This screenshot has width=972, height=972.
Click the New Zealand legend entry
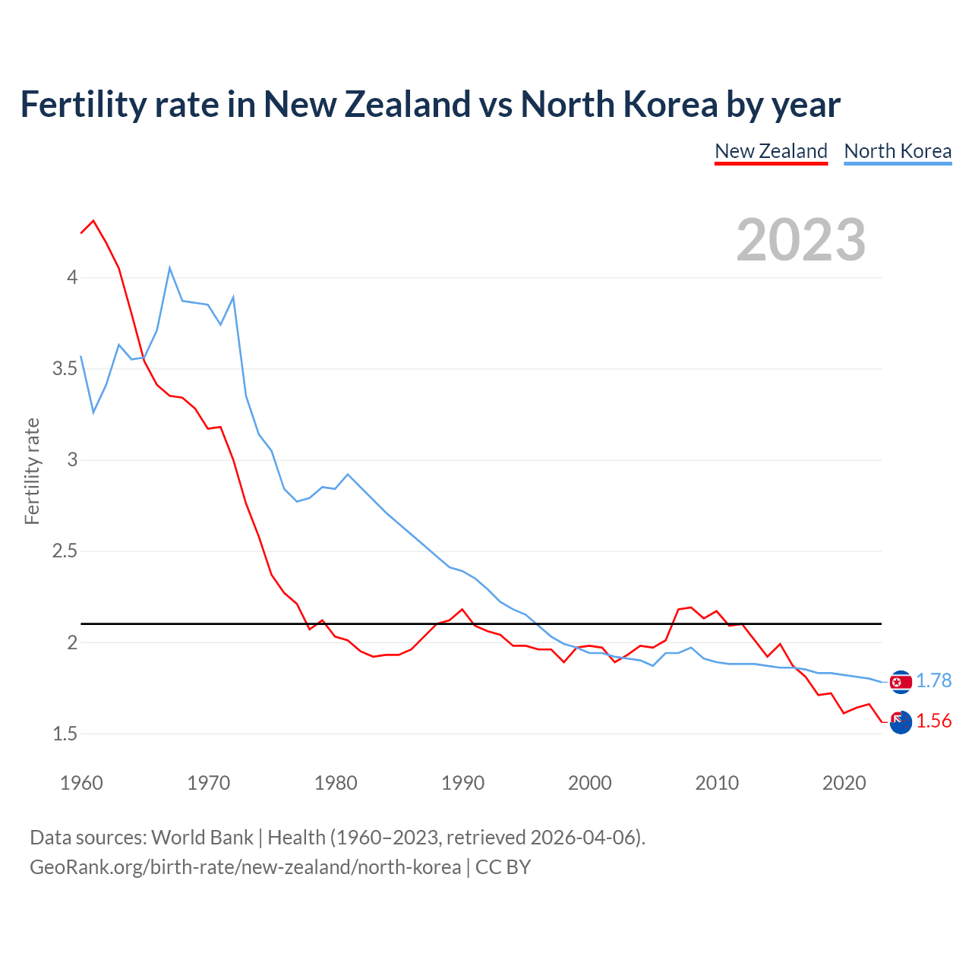click(x=771, y=151)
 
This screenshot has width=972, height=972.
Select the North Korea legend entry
click(x=898, y=151)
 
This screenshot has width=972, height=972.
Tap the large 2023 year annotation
click(x=800, y=240)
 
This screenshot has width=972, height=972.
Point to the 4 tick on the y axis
click(x=72, y=277)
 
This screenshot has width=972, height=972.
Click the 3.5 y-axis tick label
click(x=65, y=369)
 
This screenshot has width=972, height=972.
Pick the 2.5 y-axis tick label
click(x=65, y=551)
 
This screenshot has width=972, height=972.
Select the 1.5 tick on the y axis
click(x=65, y=734)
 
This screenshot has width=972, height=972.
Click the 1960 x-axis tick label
click(x=81, y=783)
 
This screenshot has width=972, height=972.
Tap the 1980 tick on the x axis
click(x=336, y=783)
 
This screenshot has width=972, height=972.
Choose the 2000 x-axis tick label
click(x=589, y=783)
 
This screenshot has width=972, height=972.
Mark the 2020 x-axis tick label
click(x=844, y=783)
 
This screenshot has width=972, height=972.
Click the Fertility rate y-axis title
click(x=32, y=471)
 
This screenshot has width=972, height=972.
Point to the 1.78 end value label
click(x=933, y=681)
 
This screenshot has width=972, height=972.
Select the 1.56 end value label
click(x=933, y=721)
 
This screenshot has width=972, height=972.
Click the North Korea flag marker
click(x=901, y=682)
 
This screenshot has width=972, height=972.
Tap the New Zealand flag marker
click(x=901, y=722)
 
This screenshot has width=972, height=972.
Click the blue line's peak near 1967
click(x=170, y=267)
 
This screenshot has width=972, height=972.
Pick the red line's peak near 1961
click(x=93, y=221)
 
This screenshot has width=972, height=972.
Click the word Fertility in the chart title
click(x=82, y=104)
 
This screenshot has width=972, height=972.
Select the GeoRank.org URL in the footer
click(x=245, y=867)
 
